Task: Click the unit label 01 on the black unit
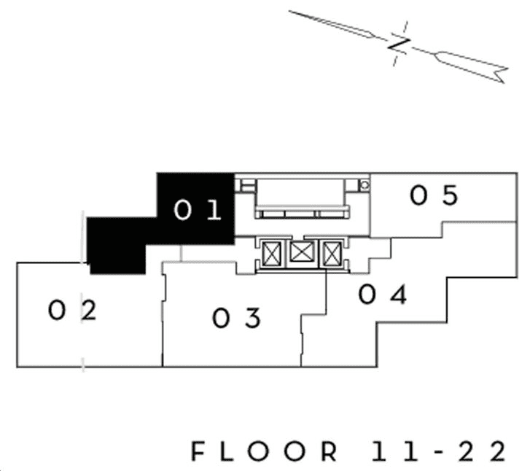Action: (x=198, y=210)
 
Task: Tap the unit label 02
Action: (x=72, y=311)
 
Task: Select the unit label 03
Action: (x=237, y=318)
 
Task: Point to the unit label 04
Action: (x=383, y=295)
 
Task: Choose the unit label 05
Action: (x=434, y=195)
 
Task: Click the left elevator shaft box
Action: (x=271, y=254)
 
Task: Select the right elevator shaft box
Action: (x=332, y=254)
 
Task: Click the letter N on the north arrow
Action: (x=399, y=44)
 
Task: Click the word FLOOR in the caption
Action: (x=265, y=451)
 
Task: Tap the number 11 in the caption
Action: (x=395, y=451)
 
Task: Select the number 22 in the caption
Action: (x=483, y=451)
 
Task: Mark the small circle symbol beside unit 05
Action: (x=365, y=185)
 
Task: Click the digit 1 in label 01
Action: (x=214, y=210)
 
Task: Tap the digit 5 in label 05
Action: (x=451, y=195)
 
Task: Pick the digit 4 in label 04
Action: (x=399, y=295)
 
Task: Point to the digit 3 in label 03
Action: (x=253, y=318)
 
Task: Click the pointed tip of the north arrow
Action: (x=289, y=11)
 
